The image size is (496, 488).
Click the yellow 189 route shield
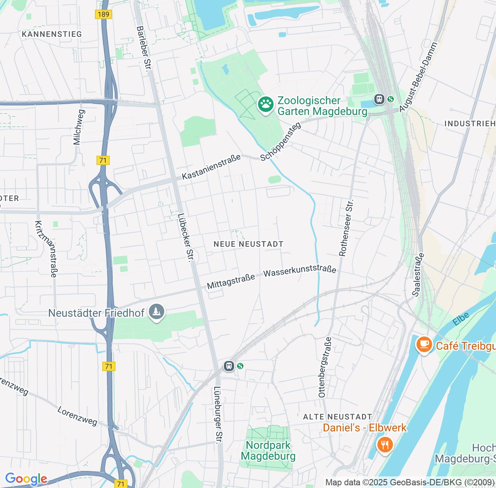(103, 14)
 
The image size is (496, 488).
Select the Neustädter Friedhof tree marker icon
(157, 313)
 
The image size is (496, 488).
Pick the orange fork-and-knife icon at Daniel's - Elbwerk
(384, 445)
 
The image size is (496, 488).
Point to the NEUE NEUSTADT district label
(248, 244)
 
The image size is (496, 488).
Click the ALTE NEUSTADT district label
(338, 417)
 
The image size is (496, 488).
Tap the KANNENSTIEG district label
(52, 34)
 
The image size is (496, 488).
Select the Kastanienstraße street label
(211, 167)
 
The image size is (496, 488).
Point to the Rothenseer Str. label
(346, 228)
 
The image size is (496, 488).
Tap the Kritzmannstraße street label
(46, 249)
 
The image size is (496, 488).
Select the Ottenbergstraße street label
(325, 367)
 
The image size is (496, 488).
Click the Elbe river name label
(461, 319)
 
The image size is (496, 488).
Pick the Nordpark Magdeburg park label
(268, 450)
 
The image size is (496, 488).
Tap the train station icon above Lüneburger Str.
(229, 366)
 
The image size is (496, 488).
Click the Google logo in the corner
(26, 479)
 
